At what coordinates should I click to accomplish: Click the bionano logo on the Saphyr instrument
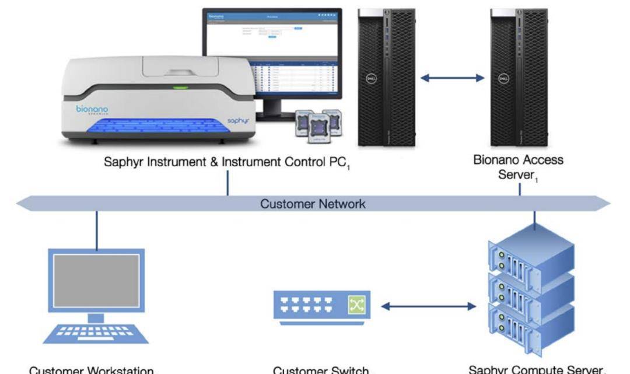pos(92,110)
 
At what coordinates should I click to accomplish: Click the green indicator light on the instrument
pos(180,88)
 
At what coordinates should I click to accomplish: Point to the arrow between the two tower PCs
pos(453,78)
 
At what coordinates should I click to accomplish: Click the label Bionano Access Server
pos(519,166)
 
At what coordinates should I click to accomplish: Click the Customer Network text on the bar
pos(313,204)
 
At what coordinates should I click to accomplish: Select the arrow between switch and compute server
pos(428,306)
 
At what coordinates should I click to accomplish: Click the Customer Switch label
pos(321,370)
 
